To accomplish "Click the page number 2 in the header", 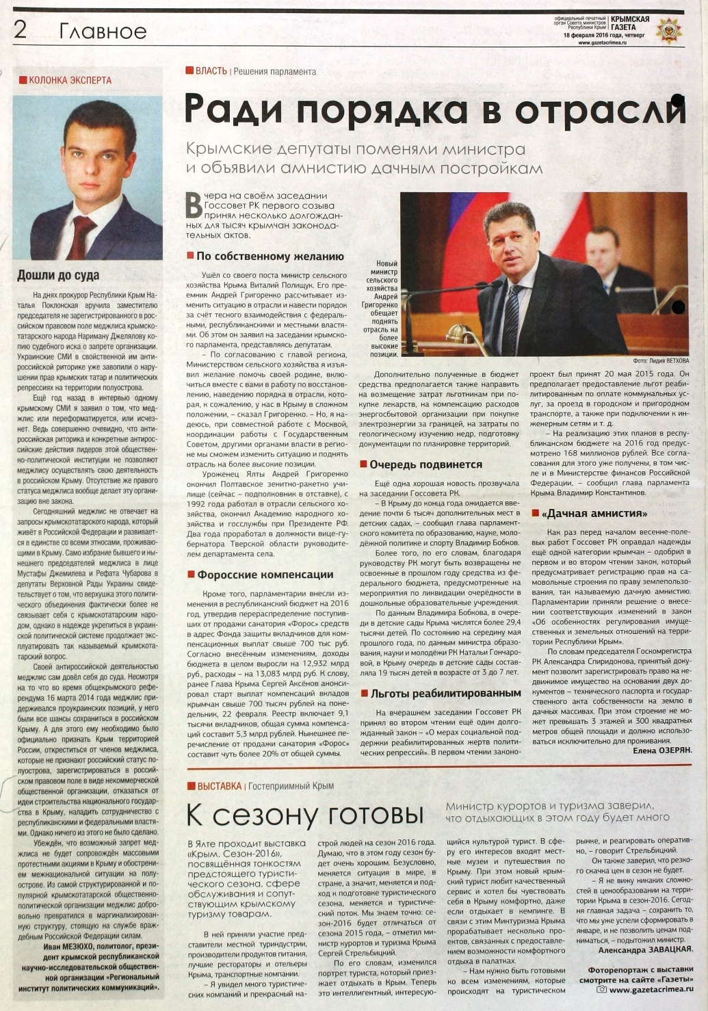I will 20,29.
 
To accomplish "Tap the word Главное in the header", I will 103,31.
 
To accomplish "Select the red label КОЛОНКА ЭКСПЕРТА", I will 69,80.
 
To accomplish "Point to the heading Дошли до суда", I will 58,276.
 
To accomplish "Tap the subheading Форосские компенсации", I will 265,575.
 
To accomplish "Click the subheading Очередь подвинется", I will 425,464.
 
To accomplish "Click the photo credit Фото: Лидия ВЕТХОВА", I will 661,360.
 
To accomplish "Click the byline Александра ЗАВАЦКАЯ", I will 645,949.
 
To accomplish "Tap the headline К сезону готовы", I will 305,815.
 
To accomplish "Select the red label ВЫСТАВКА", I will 219,786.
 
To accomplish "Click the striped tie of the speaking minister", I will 512,317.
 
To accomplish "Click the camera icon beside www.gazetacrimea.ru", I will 602,989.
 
